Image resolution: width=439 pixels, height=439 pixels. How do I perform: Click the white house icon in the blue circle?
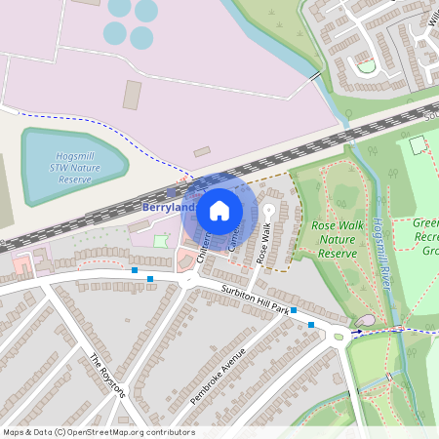tap(219, 210)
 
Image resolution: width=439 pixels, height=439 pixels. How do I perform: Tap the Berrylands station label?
tap(168, 208)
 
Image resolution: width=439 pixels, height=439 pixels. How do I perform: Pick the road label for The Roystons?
tap(107, 376)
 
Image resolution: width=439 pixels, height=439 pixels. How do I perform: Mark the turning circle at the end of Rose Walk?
tap(268, 210)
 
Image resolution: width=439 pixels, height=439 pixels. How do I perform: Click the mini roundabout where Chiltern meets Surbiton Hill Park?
tap(192, 280)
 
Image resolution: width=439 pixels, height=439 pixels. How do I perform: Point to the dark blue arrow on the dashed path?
tap(356, 332)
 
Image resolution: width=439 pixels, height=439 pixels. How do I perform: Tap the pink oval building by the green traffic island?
tap(366, 321)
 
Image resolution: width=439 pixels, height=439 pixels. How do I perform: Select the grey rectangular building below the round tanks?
tap(132, 95)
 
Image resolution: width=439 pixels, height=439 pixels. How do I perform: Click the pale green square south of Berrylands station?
tap(160, 240)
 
